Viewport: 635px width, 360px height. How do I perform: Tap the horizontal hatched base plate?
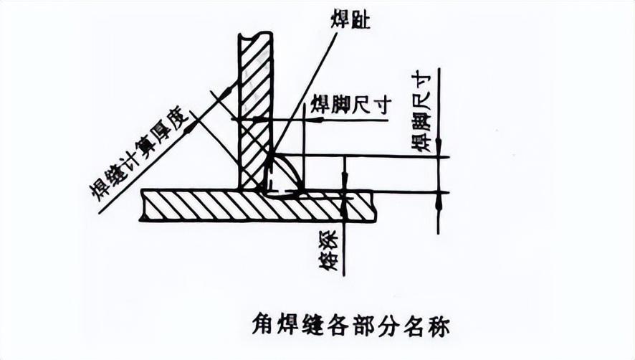pyautogui.click(x=258, y=206)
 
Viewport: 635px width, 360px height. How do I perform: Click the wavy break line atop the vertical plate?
pyautogui.click(x=255, y=34)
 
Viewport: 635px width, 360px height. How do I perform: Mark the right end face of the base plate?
pyautogui.click(x=373, y=206)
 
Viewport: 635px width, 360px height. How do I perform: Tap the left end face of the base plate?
pyautogui.click(x=143, y=206)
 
